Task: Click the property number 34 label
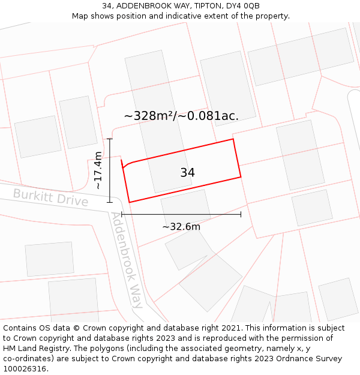[187, 173]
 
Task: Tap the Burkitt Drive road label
[50, 197]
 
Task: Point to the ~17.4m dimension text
[98, 171]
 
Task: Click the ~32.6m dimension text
[181, 227]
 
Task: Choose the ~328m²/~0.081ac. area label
[181, 116]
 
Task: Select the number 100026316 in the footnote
[24, 368]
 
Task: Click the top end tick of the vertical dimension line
[110, 139]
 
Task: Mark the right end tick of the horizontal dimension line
[241, 214]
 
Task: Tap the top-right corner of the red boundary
[233, 139]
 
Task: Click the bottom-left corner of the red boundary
[130, 202]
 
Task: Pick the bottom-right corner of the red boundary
[241, 177]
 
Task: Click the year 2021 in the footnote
[232, 328]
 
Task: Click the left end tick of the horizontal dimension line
[122, 214]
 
